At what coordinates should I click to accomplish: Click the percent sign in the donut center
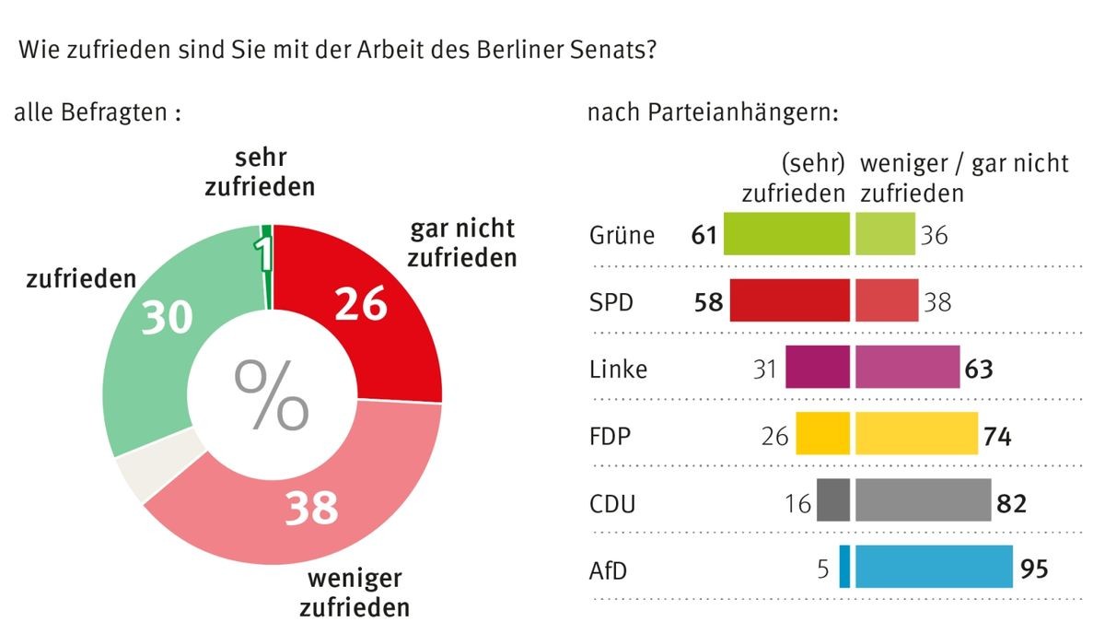[272, 395]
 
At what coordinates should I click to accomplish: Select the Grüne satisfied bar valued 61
[786, 234]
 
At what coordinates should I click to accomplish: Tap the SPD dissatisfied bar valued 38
[887, 301]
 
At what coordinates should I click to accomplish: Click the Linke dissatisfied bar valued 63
[907, 369]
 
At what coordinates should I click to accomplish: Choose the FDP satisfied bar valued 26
[821, 435]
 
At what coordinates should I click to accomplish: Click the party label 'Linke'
[618, 370]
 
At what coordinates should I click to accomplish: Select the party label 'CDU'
[612, 503]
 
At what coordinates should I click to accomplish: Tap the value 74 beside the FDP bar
[996, 436]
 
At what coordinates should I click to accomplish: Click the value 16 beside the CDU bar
[798, 503]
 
